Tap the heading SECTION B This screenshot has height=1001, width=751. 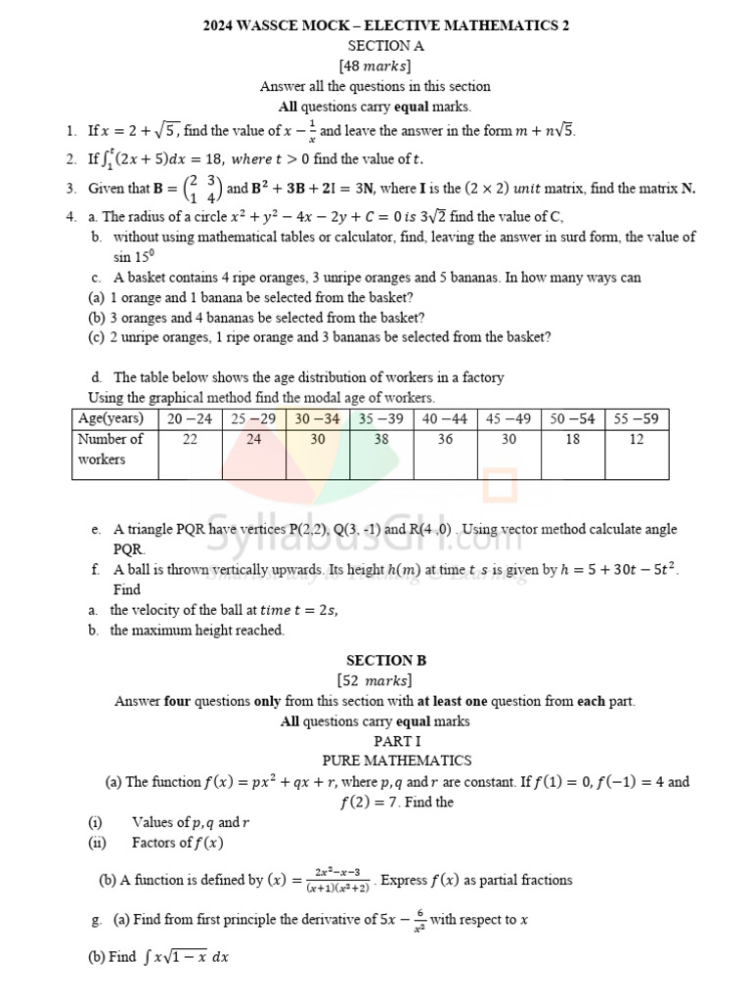pyautogui.click(x=385, y=661)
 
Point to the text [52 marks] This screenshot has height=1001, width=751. pyautogui.click(x=375, y=680)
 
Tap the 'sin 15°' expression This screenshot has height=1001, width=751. pyautogui.click(x=135, y=257)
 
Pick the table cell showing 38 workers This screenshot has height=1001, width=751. pyautogui.click(x=381, y=440)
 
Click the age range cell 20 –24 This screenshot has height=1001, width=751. pyautogui.click(x=190, y=418)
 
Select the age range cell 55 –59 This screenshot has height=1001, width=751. pyautogui.click(x=637, y=418)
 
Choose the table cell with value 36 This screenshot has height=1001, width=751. pyautogui.click(x=444, y=440)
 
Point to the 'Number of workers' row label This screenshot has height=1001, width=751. pyautogui.click(x=110, y=449)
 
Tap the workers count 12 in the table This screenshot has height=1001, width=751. pyautogui.click(x=637, y=440)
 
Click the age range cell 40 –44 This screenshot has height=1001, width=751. pyautogui.click(x=445, y=418)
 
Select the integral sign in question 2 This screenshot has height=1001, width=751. pyautogui.click(x=109, y=158)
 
